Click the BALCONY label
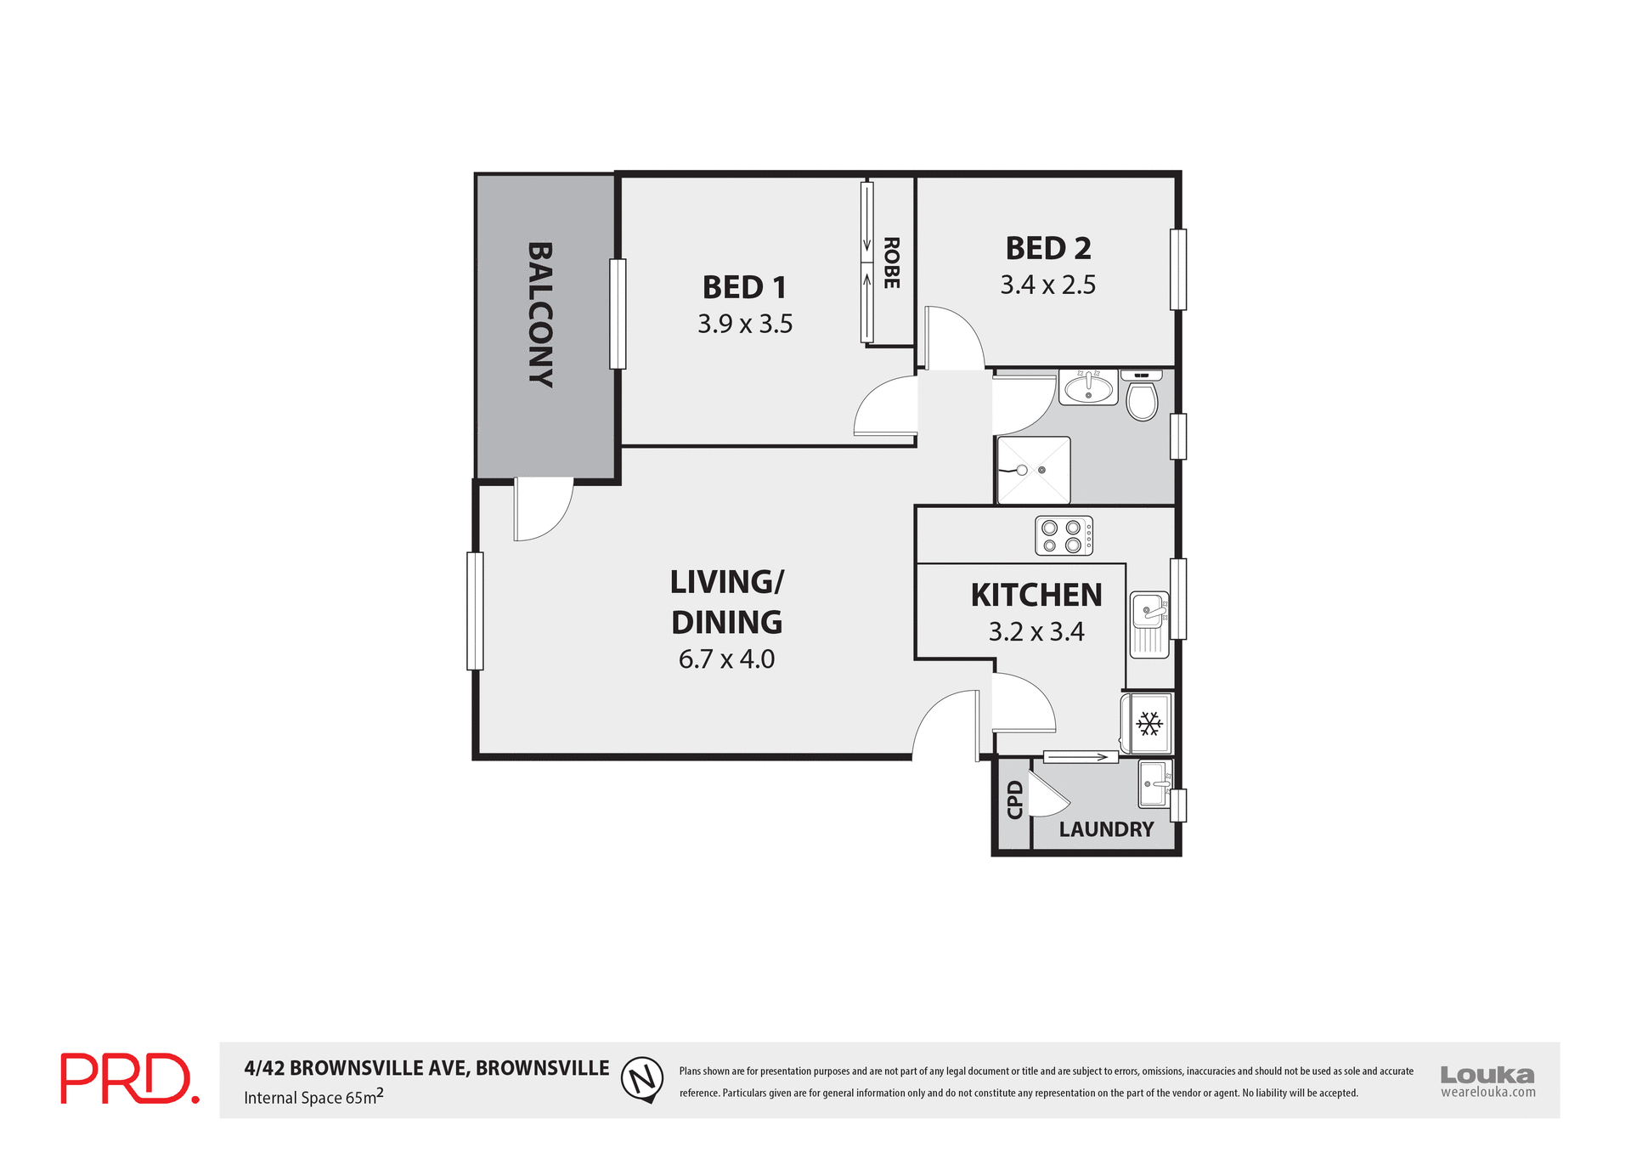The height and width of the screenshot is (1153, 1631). click(540, 315)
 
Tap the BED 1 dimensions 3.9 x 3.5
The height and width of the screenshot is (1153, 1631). click(745, 324)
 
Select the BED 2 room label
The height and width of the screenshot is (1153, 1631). click(1047, 248)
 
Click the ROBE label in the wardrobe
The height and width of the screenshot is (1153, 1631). click(891, 263)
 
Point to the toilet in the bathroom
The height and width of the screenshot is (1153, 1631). click(1142, 399)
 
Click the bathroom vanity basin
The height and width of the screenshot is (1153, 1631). click(1088, 388)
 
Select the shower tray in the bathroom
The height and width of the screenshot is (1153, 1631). click(1033, 470)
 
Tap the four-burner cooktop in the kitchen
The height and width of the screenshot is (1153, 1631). click(1063, 536)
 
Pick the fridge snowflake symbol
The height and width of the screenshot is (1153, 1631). click(1149, 724)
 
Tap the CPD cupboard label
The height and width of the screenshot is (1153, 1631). click(1014, 800)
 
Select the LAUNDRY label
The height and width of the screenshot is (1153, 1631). click(1106, 829)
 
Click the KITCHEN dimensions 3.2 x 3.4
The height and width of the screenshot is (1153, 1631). click(1036, 632)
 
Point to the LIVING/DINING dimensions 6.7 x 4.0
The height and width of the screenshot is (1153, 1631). click(726, 659)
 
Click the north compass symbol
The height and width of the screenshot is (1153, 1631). click(642, 1079)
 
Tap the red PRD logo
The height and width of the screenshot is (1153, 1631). click(129, 1078)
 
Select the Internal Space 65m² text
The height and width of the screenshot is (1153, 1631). click(313, 1097)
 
